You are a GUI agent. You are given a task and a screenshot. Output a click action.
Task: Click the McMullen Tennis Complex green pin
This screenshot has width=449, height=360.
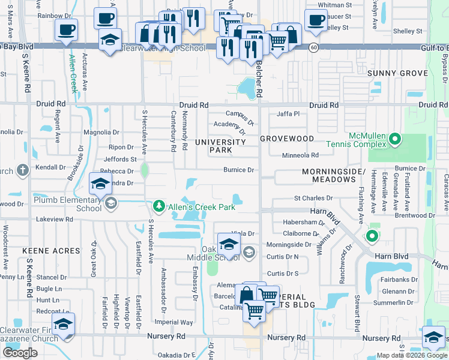394,140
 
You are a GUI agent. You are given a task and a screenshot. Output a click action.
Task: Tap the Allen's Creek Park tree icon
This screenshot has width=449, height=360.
159,206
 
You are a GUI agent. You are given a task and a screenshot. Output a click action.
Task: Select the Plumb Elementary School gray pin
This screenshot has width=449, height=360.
110,204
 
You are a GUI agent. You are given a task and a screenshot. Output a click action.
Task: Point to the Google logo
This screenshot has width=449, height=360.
20,353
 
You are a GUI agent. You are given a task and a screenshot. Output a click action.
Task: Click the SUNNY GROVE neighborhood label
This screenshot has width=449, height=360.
397,73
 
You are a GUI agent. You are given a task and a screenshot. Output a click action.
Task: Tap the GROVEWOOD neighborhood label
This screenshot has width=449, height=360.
287,139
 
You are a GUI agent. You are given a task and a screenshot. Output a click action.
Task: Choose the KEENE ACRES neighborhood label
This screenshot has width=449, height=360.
51,250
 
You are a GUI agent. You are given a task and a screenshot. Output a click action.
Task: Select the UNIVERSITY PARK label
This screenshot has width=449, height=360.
220,146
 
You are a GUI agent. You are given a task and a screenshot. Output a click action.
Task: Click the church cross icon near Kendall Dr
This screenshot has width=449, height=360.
23,170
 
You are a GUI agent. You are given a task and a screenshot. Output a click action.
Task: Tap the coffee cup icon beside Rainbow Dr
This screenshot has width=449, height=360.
66,29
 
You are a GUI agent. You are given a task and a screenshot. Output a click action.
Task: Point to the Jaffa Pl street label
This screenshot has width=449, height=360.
288,114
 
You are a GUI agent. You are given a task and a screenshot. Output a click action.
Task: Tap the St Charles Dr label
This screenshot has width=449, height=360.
313,198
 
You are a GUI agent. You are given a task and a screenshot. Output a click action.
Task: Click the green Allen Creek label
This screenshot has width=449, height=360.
73,73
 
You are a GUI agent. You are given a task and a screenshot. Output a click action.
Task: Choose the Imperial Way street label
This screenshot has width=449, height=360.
174,322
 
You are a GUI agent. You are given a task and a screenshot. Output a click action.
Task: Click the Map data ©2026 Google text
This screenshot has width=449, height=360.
412,355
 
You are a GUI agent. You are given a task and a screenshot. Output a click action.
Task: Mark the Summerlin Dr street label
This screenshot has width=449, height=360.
394,302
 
